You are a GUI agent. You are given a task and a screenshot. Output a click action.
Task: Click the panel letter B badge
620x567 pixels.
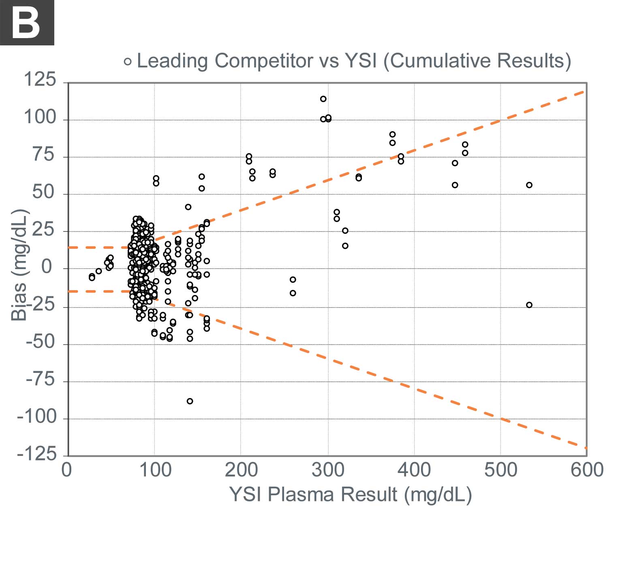tap(27, 23)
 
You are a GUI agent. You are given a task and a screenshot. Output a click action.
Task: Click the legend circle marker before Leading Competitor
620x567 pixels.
tap(128, 62)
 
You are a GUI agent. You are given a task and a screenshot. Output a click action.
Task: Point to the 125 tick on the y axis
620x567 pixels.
tap(40, 79)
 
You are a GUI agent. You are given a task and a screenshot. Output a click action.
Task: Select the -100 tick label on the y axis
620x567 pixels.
tap(36, 417)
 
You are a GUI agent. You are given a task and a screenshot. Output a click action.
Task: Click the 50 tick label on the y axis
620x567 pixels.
tap(44, 192)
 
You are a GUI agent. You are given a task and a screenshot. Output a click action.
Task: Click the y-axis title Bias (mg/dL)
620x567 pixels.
tap(19, 265)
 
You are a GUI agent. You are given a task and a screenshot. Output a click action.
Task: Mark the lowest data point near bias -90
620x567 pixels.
tap(190, 401)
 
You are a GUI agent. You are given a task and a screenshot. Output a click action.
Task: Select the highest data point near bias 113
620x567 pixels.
tap(323, 99)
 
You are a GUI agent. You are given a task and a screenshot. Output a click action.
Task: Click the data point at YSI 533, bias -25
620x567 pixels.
tap(529, 305)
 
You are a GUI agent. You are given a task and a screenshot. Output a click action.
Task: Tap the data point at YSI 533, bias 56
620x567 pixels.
tap(529, 185)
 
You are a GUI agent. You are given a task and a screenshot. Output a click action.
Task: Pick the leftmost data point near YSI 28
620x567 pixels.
tap(92, 277)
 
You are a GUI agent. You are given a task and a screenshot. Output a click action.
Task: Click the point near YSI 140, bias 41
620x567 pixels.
tap(188, 207)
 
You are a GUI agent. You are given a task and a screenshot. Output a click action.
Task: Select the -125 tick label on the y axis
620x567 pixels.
tap(36, 454)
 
